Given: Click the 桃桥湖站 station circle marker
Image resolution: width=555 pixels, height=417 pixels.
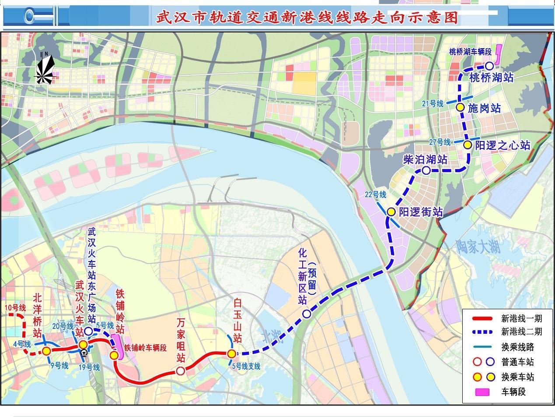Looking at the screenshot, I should (489, 66).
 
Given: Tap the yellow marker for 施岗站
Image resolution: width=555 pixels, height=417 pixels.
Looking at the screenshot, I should (460, 107).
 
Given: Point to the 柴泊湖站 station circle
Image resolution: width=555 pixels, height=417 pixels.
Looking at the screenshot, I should (426, 170).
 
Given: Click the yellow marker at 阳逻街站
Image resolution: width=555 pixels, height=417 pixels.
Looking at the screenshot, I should (391, 212).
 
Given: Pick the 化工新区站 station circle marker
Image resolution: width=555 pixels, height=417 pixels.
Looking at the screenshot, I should (307, 314).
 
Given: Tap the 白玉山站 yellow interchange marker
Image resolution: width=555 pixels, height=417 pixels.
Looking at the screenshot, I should (231, 353).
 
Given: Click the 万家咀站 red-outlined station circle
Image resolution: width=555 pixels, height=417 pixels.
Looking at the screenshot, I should (180, 371).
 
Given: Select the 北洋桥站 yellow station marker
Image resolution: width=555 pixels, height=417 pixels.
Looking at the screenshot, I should (46, 350).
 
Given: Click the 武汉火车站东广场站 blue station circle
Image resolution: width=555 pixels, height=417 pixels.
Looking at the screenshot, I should (88, 331).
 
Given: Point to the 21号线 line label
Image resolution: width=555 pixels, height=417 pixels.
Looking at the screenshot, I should (433, 103).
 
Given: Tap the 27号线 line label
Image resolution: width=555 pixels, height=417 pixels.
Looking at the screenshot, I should (440, 142).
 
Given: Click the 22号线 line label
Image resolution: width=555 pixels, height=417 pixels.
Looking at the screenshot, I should (376, 194).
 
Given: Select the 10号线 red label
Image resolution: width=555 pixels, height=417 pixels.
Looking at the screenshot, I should (15, 307).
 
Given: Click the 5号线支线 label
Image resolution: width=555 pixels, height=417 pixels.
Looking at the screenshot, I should (245, 366).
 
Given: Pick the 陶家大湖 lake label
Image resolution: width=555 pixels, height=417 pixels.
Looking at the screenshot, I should (477, 247).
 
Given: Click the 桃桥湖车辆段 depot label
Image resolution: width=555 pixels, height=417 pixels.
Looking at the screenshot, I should (470, 52).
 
